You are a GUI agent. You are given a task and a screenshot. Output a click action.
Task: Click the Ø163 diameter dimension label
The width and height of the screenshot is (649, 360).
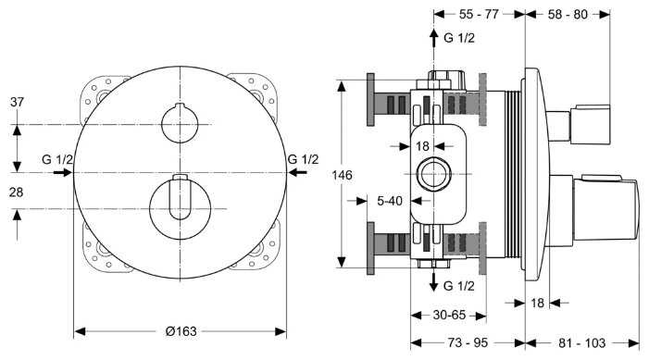click(x=181, y=331)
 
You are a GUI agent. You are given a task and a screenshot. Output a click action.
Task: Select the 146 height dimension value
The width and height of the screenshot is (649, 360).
click(x=343, y=175)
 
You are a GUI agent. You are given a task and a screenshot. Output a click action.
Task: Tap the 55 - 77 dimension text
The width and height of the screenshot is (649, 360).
click(x=479, y=14)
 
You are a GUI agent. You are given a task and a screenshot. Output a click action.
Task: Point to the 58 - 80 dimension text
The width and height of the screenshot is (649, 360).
click(x=568, y=14)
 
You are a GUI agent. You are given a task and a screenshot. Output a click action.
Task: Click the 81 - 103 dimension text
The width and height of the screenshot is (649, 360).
click(x=582, y=342)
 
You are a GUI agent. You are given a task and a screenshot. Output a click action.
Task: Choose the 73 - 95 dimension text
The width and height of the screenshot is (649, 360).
click(x=468, y=342)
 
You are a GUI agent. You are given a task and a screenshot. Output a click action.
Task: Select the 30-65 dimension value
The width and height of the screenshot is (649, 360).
click(x=449, y=315)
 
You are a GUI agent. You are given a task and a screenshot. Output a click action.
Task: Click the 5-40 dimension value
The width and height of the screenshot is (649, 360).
click(x=390, y=201)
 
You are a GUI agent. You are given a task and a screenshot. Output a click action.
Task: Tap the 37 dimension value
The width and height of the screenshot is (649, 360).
click(x=17, y=102)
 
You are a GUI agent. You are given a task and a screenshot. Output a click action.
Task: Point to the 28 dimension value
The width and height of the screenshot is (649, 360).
click(x=16, y=192)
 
